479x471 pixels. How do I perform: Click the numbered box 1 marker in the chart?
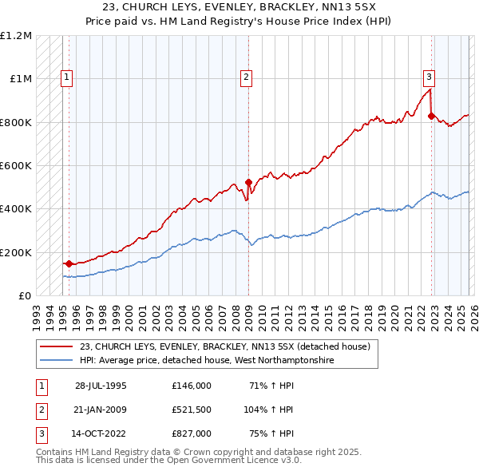67,77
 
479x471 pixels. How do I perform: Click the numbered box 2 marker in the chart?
247,77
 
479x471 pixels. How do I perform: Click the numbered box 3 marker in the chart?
429,77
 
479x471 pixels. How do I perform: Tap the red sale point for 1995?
69,263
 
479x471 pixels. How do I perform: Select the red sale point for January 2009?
248,182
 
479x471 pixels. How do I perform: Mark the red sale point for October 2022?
431,116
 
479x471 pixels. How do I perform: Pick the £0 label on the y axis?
24,295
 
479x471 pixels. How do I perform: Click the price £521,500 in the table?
191,409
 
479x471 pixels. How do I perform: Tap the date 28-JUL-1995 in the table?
101,385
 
